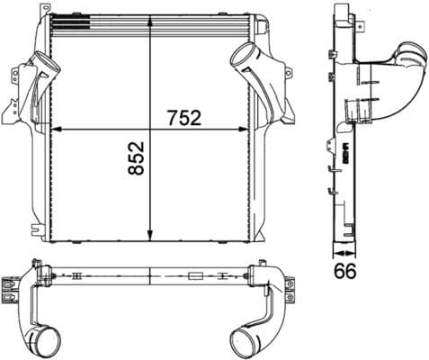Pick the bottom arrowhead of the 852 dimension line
(149, 236)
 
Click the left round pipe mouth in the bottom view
(41, 341)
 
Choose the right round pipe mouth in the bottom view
(245, 342)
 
